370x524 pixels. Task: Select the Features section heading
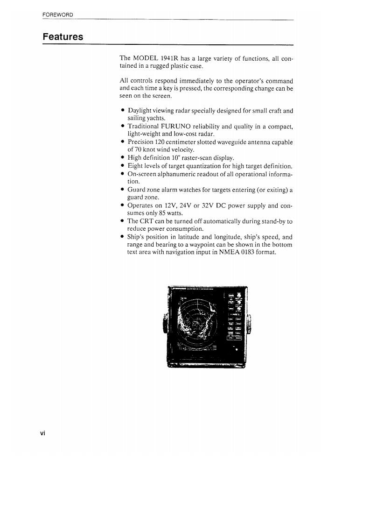63,36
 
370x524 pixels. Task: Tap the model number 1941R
170,58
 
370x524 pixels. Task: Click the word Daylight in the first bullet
141,111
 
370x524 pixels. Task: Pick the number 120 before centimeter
164,142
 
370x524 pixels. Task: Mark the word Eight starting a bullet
136,166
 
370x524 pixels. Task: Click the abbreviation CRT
148,221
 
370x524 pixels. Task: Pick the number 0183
245,253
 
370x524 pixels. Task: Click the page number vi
42,433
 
